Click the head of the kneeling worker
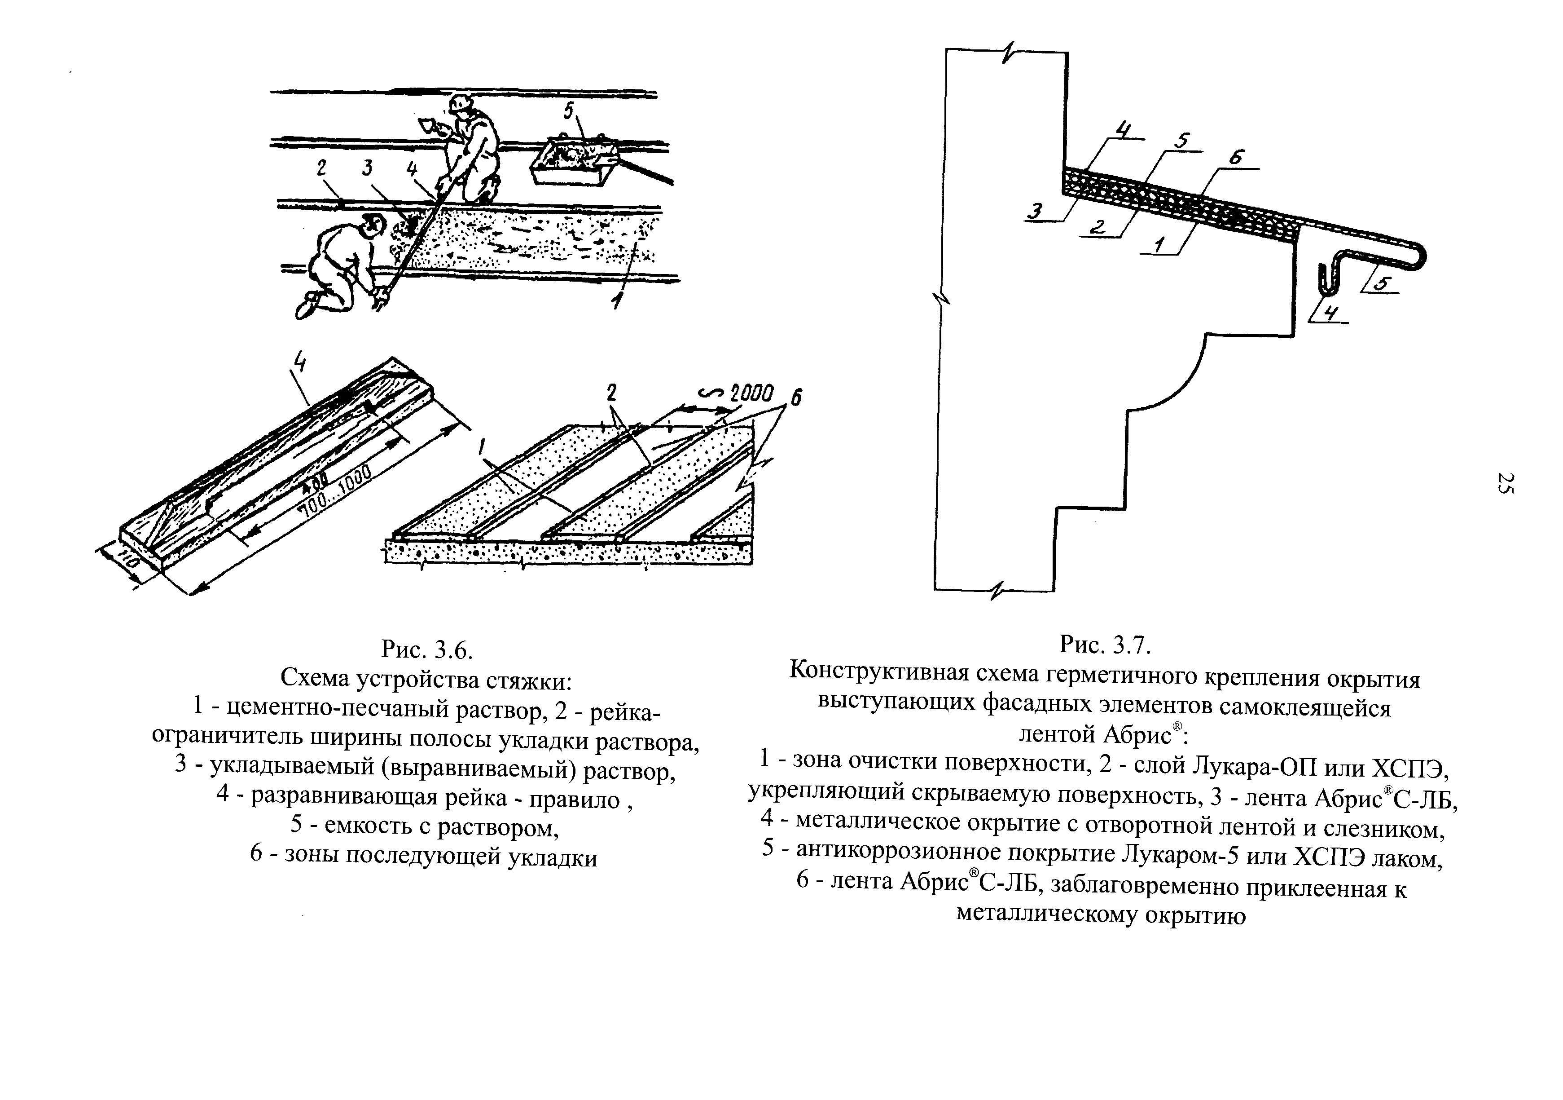pyautogui.click(x=373, y=224)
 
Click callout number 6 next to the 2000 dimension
pyautogui.click(x=795, y=397)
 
